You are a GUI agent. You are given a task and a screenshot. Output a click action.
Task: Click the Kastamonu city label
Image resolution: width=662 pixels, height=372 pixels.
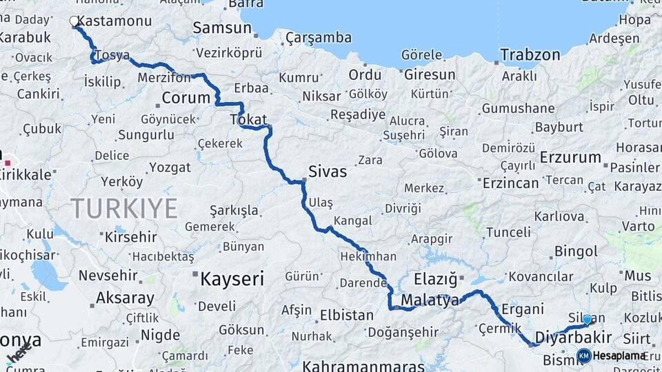[x=116, y=21]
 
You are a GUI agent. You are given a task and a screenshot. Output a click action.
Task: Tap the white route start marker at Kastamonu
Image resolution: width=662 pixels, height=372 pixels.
[x=74, y=21]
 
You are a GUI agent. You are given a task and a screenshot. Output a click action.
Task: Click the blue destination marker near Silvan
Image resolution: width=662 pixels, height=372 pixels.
[x=588, y=320]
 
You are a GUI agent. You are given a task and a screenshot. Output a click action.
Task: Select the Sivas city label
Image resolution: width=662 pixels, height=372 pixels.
[x=328, y=172]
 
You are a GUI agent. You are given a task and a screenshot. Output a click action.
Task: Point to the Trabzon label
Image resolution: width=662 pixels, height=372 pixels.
[x=530, y=54]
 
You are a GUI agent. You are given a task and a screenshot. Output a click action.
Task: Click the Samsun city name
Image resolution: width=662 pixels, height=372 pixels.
[x=222, y=28]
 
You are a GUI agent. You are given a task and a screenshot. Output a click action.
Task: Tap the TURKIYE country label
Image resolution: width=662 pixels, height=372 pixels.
[x=124, y=208]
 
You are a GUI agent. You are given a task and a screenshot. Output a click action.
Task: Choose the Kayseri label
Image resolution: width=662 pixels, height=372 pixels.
[x=232, y=279]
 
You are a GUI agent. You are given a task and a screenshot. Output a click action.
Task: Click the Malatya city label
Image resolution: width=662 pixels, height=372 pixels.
[x=430, y=300]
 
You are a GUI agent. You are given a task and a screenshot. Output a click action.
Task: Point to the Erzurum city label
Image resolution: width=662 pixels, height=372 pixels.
[x=570, y=157]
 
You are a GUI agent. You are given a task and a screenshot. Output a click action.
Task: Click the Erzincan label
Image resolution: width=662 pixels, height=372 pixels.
[x=511, y=183]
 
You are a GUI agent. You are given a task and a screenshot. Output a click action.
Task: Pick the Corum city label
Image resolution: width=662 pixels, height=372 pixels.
[x=185, y=97]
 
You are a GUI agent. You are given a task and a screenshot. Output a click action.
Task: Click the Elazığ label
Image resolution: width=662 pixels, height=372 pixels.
[x=436, y=279]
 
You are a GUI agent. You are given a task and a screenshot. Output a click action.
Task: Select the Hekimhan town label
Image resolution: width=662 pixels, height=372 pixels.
[x=368, y=256]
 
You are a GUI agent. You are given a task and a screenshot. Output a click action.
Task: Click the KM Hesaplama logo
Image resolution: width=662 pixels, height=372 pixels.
[x=612, y=355]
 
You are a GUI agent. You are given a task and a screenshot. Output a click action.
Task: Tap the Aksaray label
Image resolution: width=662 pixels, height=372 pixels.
[x=125, y=298]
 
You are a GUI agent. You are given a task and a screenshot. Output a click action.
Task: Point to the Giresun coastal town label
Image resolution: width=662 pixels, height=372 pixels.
[x=430, y=74]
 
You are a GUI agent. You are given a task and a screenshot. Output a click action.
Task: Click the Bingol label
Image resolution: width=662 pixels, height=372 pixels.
[x=576, y=251]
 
